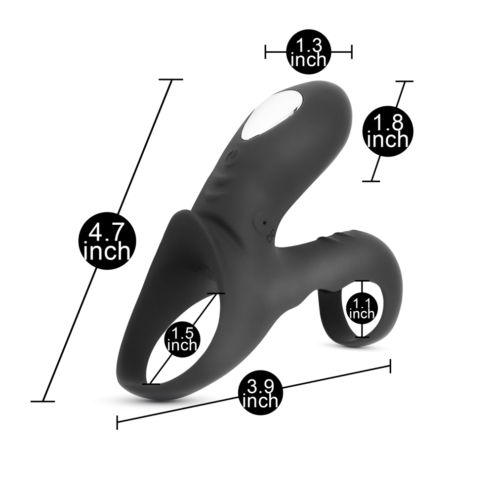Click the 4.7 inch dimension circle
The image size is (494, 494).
click(x=107, y=242)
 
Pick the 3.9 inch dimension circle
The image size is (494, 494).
click(x=260, y=393)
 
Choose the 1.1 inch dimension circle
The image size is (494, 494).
click(x=362, y=309)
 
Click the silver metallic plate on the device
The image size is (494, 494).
click(x=272, y=116)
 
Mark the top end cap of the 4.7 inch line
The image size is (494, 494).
click(x=171, y=80)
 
